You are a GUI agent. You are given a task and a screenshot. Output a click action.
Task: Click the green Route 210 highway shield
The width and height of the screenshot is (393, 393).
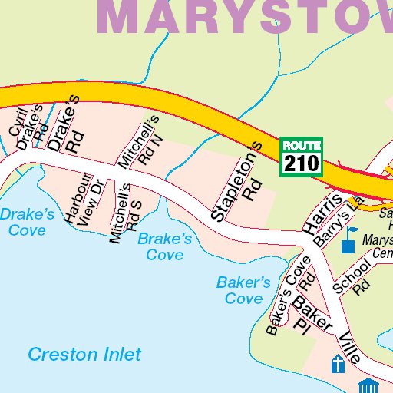302,156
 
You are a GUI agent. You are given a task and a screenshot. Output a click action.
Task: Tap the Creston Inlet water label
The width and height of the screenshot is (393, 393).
84,354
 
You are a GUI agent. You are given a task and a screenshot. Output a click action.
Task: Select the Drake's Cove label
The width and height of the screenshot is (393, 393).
27,221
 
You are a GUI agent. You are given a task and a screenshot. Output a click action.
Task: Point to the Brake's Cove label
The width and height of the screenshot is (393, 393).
164,246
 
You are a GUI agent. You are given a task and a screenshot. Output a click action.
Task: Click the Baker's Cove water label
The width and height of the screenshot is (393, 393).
243,290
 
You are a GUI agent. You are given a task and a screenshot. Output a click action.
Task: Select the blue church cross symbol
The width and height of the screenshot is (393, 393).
336,364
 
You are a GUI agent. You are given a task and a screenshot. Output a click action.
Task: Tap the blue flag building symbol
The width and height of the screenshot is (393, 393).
349,239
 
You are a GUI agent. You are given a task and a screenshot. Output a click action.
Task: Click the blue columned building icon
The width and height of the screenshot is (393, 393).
368,385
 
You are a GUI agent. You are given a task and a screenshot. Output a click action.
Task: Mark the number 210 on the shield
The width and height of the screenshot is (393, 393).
302,163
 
